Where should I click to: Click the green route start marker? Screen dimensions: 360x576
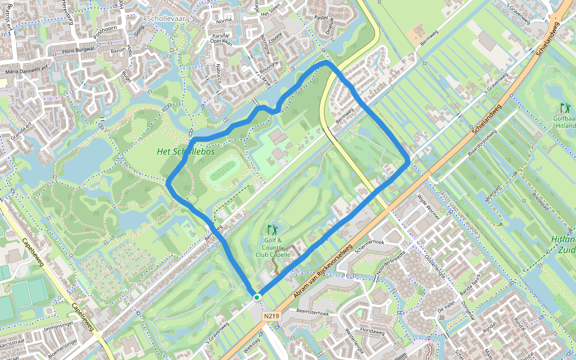tap(257, 297)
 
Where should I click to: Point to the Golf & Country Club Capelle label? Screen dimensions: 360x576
tap(273, 248)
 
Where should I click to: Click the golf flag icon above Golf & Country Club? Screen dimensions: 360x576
tap(273, 230)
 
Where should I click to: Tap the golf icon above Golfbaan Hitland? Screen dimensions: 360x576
tap(565, 109)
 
